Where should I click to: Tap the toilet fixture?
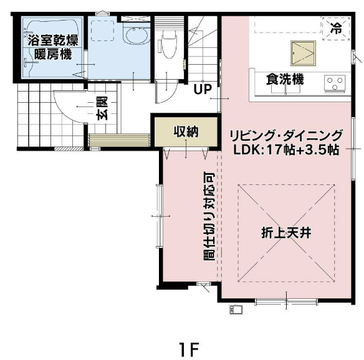(167, 43)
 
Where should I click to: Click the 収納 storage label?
(185, 131)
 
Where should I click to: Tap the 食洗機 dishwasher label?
(285, 79)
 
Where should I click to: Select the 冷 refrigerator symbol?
(336, 27)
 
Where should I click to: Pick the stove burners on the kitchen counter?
(335, 81)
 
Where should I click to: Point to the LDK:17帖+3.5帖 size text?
(286, 150)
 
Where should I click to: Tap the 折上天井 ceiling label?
(285, 234)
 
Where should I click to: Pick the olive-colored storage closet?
(185, 131)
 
